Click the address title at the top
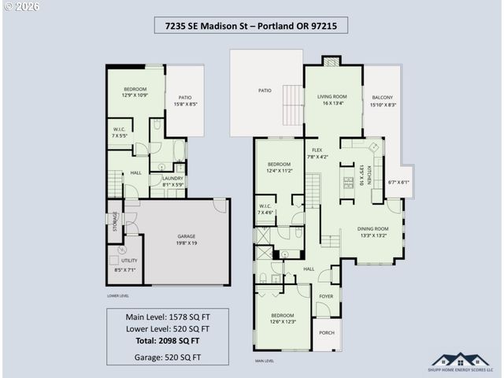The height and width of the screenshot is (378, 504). point(251,27)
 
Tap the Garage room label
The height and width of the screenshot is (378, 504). point(186,239)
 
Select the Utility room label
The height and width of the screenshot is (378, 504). point(128,265)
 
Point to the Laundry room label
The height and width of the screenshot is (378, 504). point(172,182)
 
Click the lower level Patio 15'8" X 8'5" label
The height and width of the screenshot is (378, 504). point(185,100)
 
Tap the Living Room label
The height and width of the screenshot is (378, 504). point(332,100)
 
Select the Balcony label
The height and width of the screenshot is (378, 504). point(382,100)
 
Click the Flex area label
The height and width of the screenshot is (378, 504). point(317,153)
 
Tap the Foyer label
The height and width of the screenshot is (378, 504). point(326,297)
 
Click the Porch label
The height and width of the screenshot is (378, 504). point(326,332)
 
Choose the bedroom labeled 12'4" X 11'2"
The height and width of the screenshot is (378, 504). point(279,167)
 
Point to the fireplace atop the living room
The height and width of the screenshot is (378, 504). point(332,61)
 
